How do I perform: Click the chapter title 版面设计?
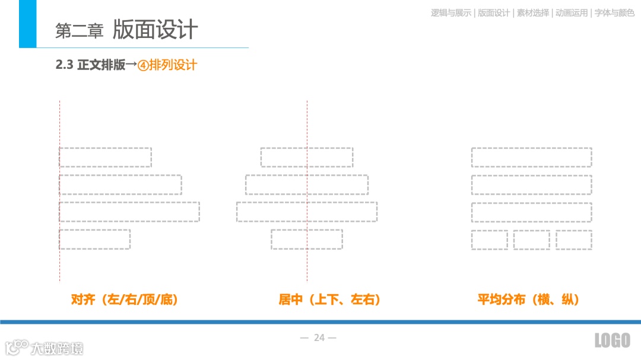click(x=156, y=30)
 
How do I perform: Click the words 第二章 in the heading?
click(x=79, y=31)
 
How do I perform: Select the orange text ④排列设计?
click(x=167, y=65)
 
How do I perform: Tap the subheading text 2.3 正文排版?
click(x=90, y=65)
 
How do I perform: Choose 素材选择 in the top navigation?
click(x=532, y=12)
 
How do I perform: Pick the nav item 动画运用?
click(x=571, y=12)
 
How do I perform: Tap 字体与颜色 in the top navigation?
click(x=614, y=12)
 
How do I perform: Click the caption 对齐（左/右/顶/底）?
click(x=125, y=300)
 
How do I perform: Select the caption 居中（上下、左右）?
click(x=330, y=300)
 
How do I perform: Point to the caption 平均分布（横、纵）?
click(x=528, y=300)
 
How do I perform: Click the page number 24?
click(x=319, y=337)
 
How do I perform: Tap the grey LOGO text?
click(x=612, y=340)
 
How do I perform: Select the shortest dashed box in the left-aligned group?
click(x=95, y=239)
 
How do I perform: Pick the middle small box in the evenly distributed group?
click(x=532, y=240)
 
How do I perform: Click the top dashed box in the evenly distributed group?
click(x=532, y=157)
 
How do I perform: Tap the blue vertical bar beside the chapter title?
click(x=27, y=24)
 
